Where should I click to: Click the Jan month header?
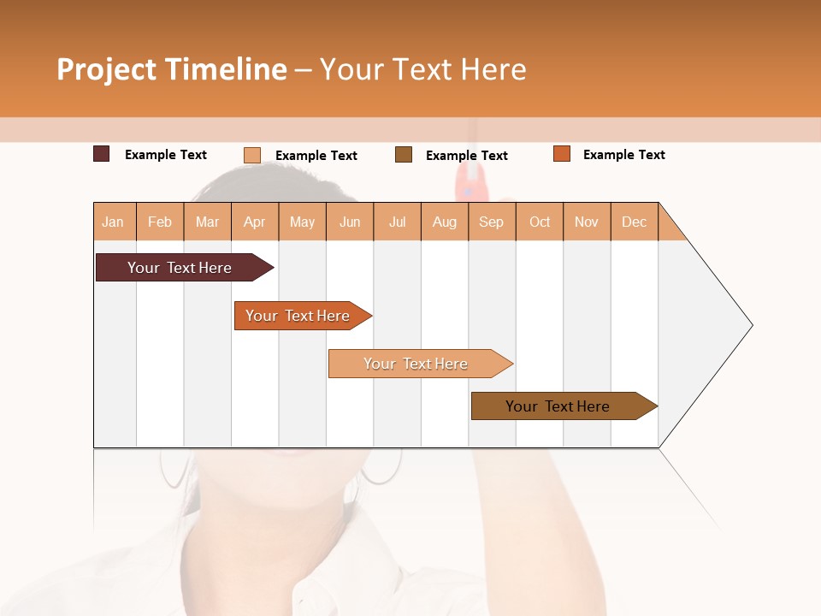114,222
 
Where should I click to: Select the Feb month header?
160,222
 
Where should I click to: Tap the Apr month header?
255,222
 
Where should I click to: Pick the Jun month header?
350,222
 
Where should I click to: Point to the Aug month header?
445,222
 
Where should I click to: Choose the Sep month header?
492,222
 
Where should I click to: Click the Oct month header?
540,222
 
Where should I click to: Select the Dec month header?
635,222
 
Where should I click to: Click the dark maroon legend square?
101,154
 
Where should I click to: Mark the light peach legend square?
252,155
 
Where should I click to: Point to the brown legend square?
404,154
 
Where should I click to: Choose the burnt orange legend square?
562,154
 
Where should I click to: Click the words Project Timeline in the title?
171,69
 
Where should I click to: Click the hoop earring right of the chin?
381,469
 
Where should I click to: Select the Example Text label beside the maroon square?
166,155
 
